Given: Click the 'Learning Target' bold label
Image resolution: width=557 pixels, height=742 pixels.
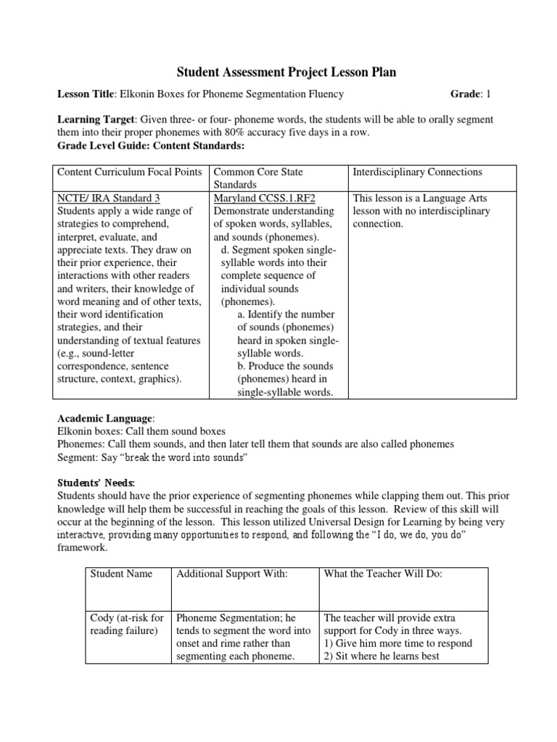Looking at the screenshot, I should pos(96,118).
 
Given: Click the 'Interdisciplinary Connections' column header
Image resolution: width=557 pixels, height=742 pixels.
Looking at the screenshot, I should pos(416,172).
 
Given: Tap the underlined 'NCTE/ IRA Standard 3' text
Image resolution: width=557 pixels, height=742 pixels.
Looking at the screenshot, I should pos(108,197).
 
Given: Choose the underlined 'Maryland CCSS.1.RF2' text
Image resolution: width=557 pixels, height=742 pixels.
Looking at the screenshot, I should pos(265,197).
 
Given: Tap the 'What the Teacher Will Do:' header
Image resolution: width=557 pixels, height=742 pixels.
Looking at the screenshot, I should pos(381,573).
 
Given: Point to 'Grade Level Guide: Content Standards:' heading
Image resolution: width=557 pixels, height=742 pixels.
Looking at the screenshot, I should pos(152,146).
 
